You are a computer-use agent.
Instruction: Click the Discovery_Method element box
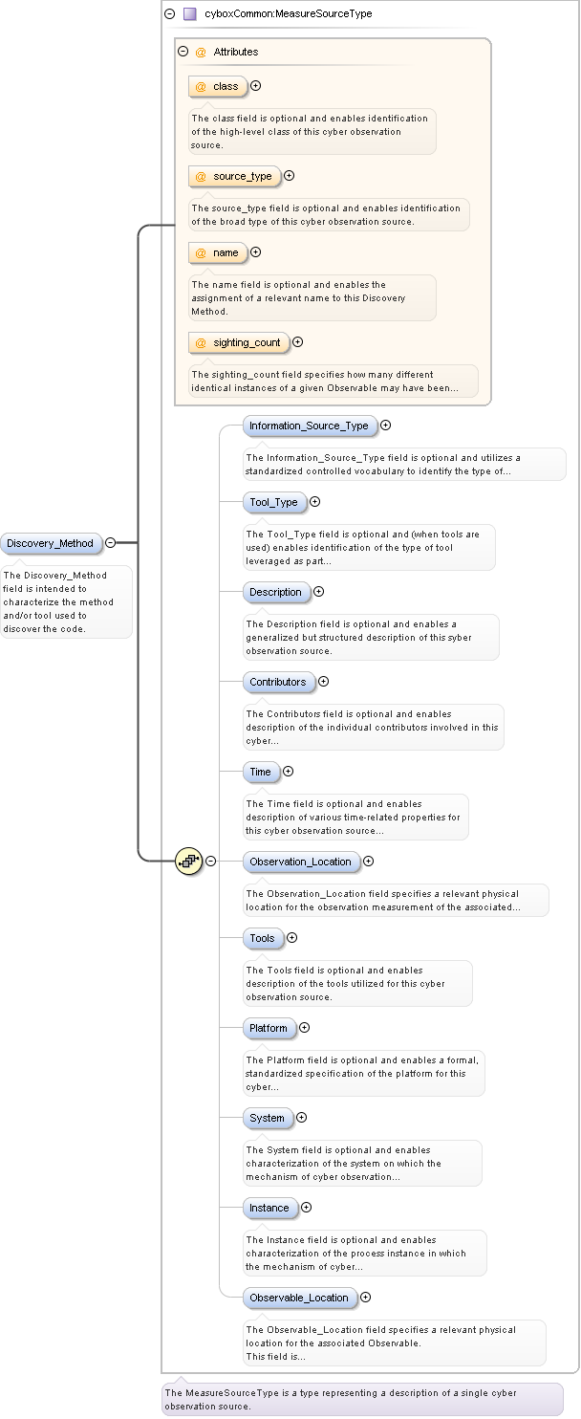(50, 543)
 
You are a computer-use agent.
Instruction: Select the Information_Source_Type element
(309, 426)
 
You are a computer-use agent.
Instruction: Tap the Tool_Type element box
(273, 502)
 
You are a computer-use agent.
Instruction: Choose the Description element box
(275, 592)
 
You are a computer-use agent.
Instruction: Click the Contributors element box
(278, 682)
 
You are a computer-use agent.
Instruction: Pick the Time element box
(260, 772)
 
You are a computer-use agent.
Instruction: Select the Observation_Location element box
(300, 862)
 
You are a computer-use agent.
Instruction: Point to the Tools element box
(262, 938)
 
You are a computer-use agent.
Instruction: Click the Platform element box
(269, 1028)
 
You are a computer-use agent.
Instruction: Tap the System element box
(267, 1118)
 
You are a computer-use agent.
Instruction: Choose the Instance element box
(269, 1208)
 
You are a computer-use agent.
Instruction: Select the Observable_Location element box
(299, 1298)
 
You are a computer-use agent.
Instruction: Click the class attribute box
(218, 86)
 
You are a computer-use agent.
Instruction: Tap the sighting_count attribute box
(239, 342)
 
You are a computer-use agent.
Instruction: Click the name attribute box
(218, 252)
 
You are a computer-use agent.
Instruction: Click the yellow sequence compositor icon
(188, 861)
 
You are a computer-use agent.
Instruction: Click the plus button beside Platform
(305, 1028)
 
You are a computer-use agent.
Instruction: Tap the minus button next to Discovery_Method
(111, 543)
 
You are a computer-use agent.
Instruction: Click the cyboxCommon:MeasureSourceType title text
(288, 14)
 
